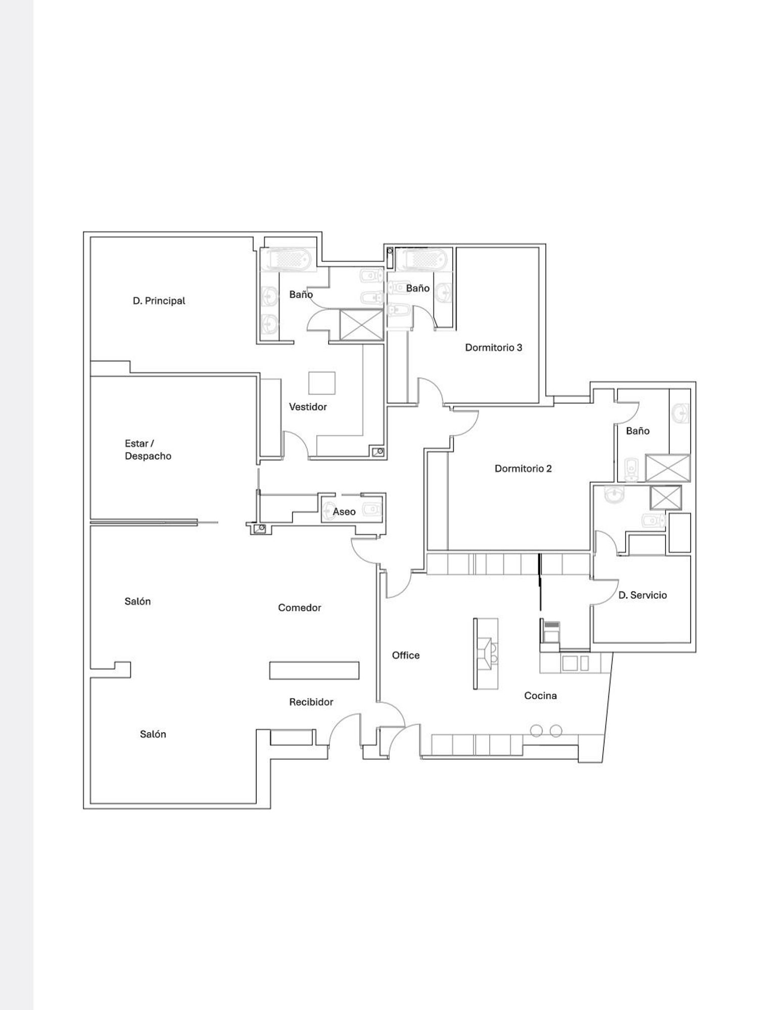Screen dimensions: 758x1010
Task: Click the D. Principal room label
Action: [x=159, y=301]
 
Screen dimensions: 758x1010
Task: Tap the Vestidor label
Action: [x=308, y=407]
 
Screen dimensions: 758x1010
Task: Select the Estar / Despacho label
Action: [x=148, y=450]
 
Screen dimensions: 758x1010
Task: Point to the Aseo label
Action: [x=344, y=512]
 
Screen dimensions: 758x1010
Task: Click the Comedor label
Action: [x=300, y=608]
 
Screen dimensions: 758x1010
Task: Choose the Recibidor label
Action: [x=311, y=702]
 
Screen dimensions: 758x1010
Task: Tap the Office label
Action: [x=406, y=655]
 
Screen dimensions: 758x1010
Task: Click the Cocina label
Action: [x=540, y=696]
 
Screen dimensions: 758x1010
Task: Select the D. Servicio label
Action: [x=642, y=595]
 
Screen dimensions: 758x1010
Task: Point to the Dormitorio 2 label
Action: [x=523, y=468]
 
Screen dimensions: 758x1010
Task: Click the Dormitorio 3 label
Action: [x=494, y=348]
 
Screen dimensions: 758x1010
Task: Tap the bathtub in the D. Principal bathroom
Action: [x=289, y=260]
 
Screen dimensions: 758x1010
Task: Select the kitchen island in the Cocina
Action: [x=486, y=654]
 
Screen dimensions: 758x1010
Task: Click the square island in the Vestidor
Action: [x=322, y=382]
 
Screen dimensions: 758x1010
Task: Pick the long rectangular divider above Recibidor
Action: [x=314, y=670]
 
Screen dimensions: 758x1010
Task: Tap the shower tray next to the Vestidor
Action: [x=361, y=325]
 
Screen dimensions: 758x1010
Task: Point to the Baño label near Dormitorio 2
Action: [x=638, y=431]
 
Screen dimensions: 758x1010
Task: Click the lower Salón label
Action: [x=153, y=734]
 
